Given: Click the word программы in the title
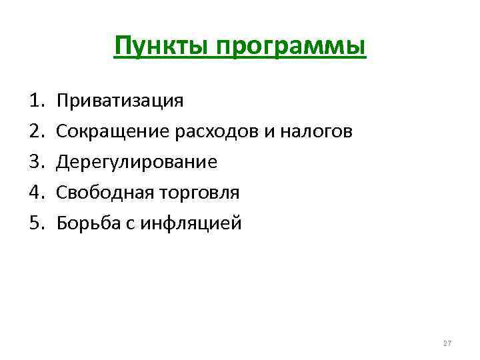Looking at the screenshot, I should pyautogui.click(x=286, y=48).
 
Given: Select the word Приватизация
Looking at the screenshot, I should pyautogui.click(x=119, y=101).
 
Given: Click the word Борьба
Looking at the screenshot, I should pyautogui.click(x=85, y=223).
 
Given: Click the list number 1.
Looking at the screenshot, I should pyautogui.click(x=36, y=101).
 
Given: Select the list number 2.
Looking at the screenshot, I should pyautogui.click(x=36, y=132).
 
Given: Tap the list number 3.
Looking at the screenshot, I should pyautogui.click(x=36, y=162).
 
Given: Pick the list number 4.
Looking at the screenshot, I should pyautogui.click(x=36, y=193).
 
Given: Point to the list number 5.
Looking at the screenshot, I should pyautogui.click(x=36, y=223).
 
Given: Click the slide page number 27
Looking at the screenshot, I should pyautogui.click(x=447, y=343).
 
